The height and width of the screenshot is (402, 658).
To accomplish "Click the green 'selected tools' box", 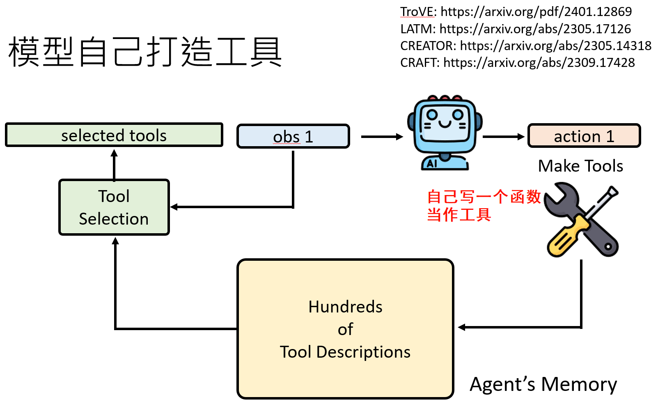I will click(114, 135).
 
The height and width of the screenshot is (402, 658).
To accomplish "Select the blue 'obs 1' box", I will click(293, 136).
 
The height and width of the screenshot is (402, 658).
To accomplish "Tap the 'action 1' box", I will click(584, 136).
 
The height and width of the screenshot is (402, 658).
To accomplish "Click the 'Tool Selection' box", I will click(114, 207).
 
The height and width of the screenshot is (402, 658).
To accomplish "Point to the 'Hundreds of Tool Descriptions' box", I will click(345, 329).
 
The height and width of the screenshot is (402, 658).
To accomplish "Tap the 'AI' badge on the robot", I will click(432, 163).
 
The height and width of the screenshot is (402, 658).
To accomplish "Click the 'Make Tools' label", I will click(580, 166).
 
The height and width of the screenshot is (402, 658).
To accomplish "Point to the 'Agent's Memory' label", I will click(543, 384).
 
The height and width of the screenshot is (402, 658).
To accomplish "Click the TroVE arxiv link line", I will click(516, 12).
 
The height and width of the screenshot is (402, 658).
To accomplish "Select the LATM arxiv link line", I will click(516, 29).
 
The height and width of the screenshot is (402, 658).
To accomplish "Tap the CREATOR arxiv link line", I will click(525, 46).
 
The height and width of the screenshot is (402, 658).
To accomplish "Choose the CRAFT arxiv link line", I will click(517, 62).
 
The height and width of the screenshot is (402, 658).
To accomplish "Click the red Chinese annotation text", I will click(484, 205).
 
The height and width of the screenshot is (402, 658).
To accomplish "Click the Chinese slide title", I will click(145, 52).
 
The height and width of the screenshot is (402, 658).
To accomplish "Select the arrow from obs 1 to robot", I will click(382, 137).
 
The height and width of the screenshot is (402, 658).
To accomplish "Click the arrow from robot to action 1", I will click(504, 137).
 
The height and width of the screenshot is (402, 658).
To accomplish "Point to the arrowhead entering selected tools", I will click(114, 154).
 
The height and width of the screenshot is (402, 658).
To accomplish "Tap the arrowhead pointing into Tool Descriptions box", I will click(462, 327).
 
